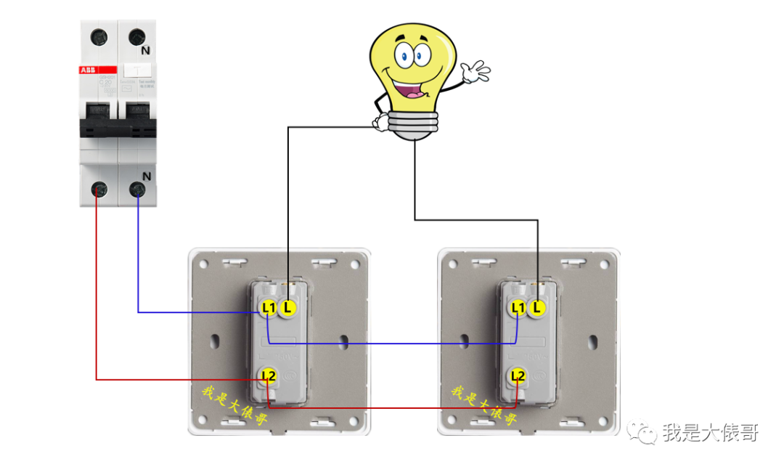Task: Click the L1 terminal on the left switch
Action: tap(269, 308)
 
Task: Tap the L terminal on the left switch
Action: tap(288, 308)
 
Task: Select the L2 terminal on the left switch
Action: tap(269, 375)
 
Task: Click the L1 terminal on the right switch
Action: tap(518, 308)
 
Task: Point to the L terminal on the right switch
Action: tap(537, 308)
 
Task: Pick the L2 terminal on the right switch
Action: tap(518, 375)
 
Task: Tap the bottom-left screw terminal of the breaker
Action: tap(99, 190)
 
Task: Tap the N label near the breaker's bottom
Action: tap(147, 176)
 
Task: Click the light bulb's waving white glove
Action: tap(475, 72)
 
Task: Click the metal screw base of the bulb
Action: tap(413, 125)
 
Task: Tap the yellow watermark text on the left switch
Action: tap(234, 407)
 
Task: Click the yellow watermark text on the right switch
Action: tap(484, 407)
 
